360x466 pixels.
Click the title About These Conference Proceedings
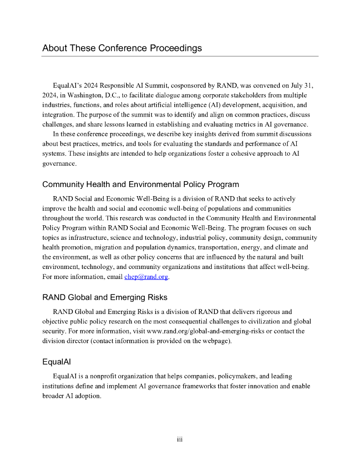point(122,48)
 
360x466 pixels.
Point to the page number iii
point(180,439)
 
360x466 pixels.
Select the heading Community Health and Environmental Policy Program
point(141,184)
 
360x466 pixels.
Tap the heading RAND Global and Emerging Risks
point(105,298)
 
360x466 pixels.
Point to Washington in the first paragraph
point(74,95)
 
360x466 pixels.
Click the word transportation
point(235,248)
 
